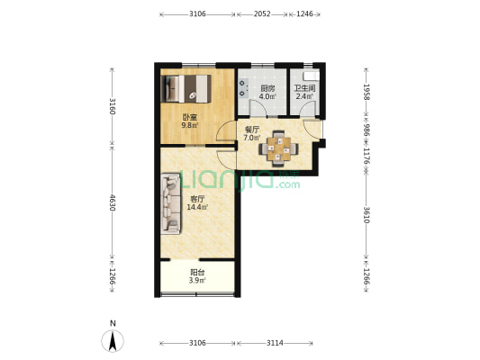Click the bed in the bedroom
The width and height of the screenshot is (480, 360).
click(x=186, y=89)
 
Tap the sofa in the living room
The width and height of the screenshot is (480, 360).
click(x=170, y=204)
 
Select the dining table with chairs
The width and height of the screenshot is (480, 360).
click(x=278, y=149)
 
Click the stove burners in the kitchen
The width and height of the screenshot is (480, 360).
click(x=244, y=88)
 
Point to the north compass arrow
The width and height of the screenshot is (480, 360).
click(x=113, y=341)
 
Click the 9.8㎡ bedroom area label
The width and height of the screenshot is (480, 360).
click(x=190, y=125)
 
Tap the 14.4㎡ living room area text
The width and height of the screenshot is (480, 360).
click(x=197, y=207)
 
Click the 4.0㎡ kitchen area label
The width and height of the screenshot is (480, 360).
click(x=267, y=96)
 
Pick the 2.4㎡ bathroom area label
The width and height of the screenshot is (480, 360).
click(x=304, y=96)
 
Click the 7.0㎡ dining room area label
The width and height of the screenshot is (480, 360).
click(x=252, y=138)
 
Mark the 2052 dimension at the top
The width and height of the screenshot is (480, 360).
click(x=262, y=13)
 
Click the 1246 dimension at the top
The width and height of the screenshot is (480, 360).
click(x=305, y=13)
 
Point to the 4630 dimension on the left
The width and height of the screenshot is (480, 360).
click(x=113, y=202)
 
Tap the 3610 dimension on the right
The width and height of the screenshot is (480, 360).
click(x=367, y=215)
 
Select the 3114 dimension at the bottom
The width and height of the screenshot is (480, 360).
click(x=275, y=343)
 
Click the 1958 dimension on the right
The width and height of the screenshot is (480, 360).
click(x=367, y=92)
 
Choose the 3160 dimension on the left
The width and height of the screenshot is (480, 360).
click(x=113, y=106)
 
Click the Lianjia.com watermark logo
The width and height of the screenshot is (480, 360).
click(x=240, y=180)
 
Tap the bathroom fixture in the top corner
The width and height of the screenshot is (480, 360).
click(x=312, y=76)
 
